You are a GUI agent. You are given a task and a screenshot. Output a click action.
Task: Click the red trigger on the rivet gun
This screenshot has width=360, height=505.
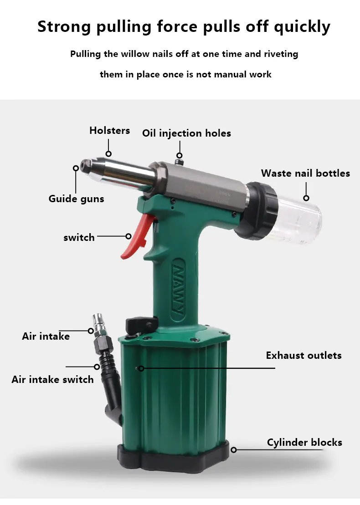(137, 235)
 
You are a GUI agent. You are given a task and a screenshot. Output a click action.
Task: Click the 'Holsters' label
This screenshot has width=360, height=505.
(109, 130)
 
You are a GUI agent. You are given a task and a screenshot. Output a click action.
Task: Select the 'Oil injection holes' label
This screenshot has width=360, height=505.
(186, 133)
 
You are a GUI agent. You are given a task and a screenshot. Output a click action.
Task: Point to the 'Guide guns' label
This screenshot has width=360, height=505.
(77, 199)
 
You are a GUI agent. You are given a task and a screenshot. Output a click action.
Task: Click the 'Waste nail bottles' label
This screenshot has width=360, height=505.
(305, 173)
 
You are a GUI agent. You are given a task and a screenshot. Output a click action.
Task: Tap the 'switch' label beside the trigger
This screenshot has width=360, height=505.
(79, 238)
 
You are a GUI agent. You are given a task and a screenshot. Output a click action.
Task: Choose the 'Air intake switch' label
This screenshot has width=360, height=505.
(52, 379)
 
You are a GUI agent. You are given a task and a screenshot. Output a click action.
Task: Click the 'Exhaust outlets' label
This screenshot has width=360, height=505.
(303, 355)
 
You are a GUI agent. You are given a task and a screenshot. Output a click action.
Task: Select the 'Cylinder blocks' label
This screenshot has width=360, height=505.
(304, 442)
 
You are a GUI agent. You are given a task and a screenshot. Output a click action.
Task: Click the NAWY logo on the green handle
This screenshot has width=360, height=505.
(178, 290)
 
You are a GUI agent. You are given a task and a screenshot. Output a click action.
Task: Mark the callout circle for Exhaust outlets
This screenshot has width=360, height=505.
(141, 368)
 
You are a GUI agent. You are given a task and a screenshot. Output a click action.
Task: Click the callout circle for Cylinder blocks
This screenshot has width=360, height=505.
(234, 449)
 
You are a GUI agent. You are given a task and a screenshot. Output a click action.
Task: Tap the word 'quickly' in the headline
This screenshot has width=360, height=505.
(302, 27)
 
